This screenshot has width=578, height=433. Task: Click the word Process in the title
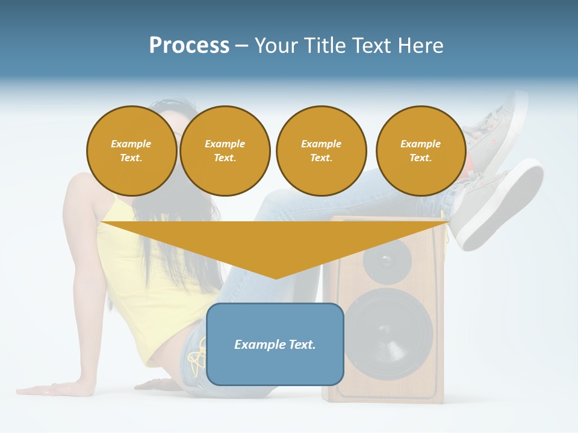tap(189, 46)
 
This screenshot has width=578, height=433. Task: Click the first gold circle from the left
tap(131, 151)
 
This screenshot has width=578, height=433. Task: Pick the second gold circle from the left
tap(225, 151)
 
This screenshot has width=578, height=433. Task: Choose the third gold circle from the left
tap(321, 151)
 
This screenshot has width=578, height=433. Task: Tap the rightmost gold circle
tap(421, 151)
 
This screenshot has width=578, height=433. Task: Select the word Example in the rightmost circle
tap(421, 144)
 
